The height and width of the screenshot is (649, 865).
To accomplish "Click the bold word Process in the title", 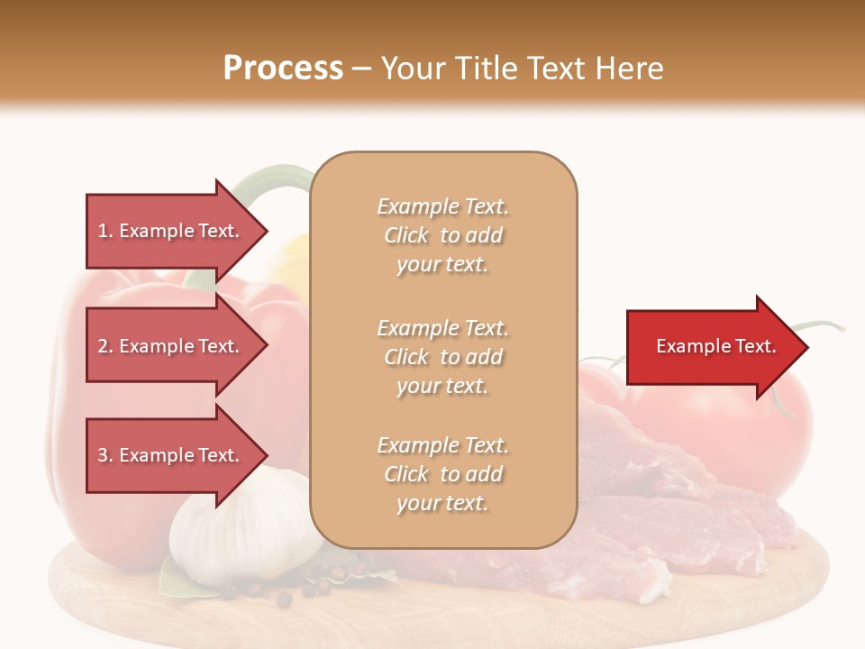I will [x=283, y=69].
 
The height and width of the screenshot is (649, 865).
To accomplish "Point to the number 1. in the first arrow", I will [x=105, y=231].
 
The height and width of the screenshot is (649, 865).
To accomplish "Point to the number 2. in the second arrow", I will [x=105, y=346].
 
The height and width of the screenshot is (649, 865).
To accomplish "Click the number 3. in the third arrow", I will [x=105, y=455].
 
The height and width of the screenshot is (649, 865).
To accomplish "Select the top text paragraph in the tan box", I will [x=443, y=235].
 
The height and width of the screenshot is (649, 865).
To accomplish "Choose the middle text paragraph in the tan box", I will [x=443, y=357].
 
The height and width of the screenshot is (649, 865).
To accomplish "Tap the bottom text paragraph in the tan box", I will [x=443, y=474].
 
